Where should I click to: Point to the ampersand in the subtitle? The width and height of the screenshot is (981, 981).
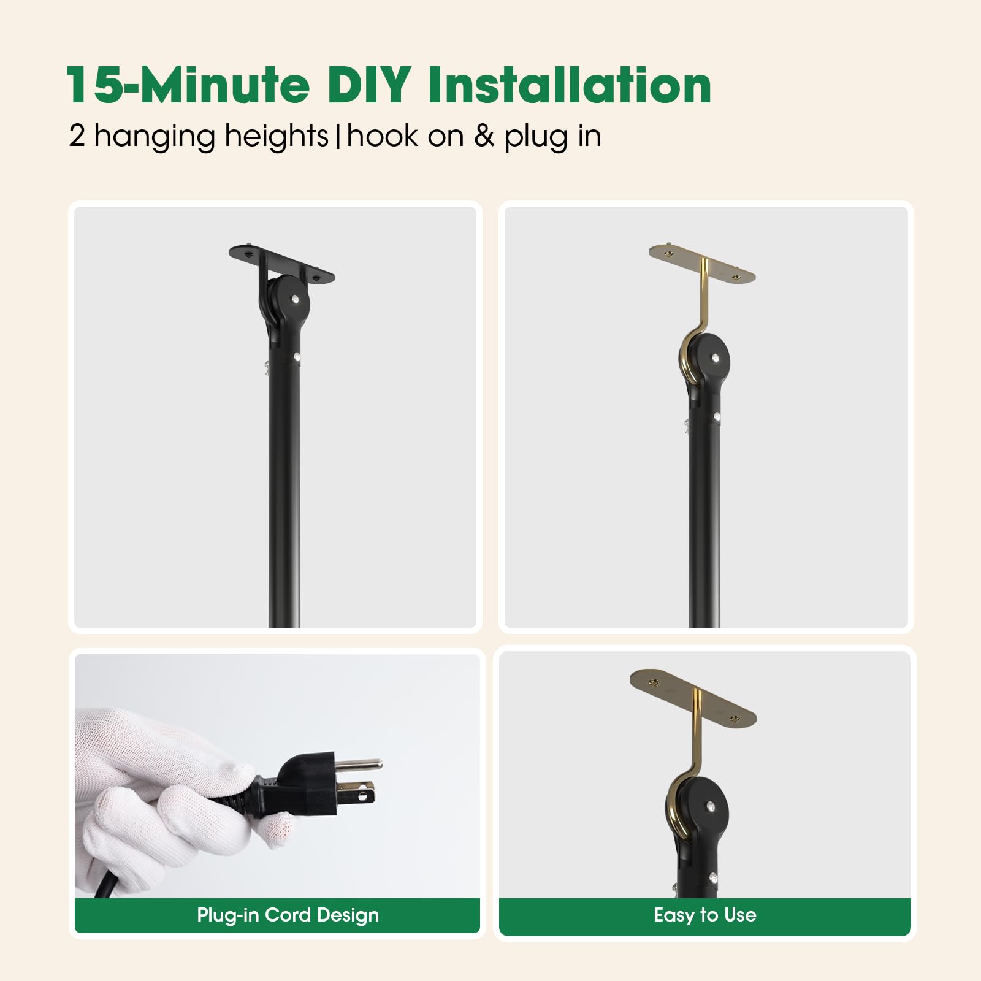tap(483, 136)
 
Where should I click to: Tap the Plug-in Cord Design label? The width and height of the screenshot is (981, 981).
tap(288, 915)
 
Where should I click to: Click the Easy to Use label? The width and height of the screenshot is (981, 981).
tap(704, 915)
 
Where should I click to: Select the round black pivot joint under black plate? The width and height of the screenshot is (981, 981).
tap(288, 300)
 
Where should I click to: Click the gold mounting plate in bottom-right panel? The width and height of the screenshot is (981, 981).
tap(693, 693)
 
